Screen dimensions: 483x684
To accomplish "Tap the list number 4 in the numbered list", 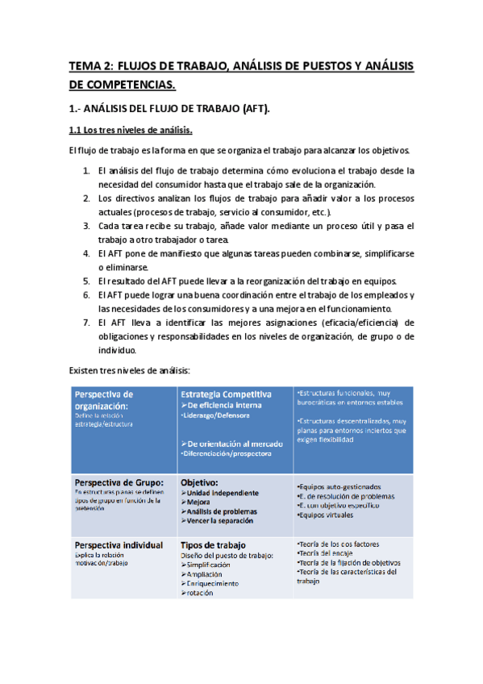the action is (x=86, y=253).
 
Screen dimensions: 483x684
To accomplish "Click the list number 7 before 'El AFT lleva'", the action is (x=86, y=323).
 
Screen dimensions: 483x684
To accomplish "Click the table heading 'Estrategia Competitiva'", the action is (x=226, y=394).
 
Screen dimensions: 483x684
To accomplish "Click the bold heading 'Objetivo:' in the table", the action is (x=201, y=482).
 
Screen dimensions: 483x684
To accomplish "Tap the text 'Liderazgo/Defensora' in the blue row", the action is (x=216, y=415).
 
